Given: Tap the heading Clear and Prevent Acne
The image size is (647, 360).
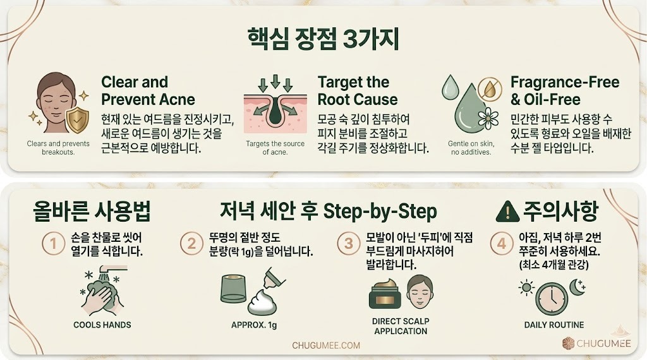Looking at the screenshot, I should click(x=148, y=90).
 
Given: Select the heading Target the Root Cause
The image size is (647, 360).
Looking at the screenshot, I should click(x=357, y=90).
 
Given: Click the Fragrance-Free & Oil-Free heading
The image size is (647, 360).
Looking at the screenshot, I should click(x=564, y=90).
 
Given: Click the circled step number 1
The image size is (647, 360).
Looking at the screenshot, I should click(x=53, y=244).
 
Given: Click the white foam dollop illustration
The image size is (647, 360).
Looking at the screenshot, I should click(x=269, y=304).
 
